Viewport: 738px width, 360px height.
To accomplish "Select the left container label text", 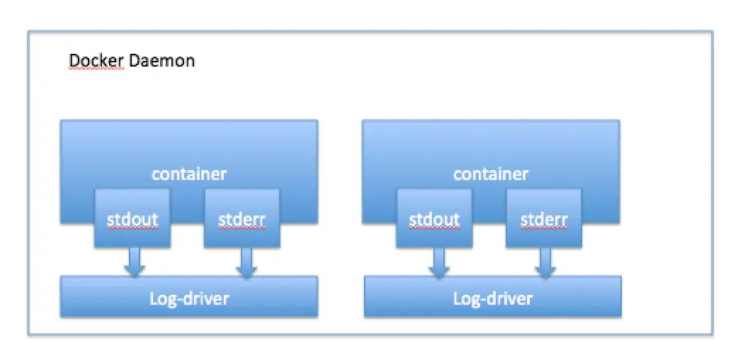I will tap(189, 174).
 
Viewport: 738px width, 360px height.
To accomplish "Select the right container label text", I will tap(491, 174).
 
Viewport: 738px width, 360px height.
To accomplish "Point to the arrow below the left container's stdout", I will tap(134, 262).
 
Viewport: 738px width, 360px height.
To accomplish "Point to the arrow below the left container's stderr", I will tap(246, 262).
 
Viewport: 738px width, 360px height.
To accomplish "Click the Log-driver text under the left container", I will tap(189, 298).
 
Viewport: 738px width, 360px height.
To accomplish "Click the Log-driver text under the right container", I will tap(492, 298).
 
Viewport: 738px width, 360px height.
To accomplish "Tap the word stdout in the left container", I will tap(132, 219).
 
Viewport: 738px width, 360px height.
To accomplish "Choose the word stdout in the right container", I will tap(435, 219).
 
